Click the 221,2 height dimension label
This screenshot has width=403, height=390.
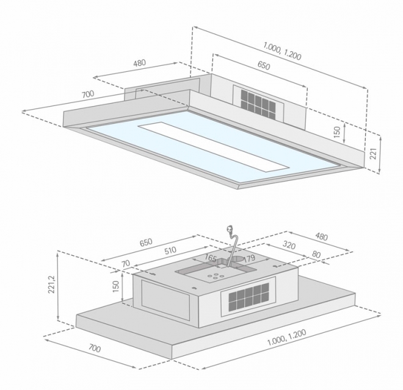[52, 284]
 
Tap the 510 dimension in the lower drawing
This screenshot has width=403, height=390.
[170, 250]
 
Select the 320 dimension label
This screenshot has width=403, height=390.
[289, 245]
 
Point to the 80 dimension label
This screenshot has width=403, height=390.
[316, 254]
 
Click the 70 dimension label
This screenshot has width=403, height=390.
[126, 264]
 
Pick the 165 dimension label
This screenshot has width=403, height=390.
[210, 258]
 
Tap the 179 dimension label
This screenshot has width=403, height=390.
[249, 258]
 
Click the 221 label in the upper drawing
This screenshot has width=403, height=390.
[373, 154]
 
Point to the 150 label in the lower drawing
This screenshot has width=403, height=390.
[116, 286]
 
